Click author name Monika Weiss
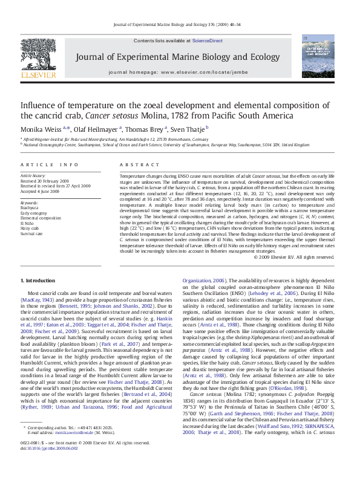click(x=40, y=129)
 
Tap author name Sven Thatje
click(x=188, y=129)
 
